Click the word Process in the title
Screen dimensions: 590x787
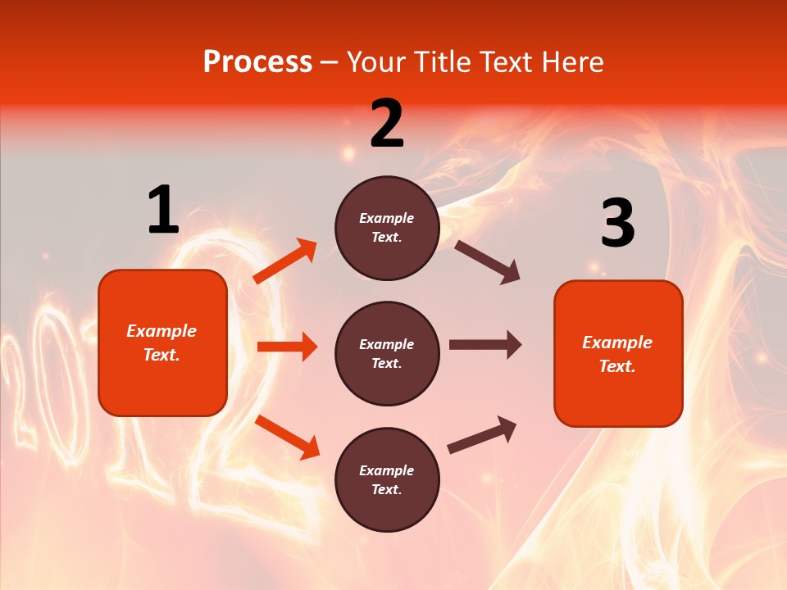257,62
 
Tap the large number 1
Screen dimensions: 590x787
163,211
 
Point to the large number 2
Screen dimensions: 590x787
387,124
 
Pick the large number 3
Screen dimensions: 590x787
617,224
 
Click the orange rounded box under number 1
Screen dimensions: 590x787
162,343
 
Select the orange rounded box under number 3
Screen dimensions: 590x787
618,354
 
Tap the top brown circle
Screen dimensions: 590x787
387,228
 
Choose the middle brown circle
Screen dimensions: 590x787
387,354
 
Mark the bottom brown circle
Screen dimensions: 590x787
387,480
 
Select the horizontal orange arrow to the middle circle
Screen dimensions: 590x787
287,347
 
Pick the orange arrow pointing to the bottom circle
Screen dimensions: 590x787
287,437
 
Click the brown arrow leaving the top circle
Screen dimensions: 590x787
488,262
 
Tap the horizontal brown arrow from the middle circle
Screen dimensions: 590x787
485,345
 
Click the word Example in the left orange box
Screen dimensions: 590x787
161,331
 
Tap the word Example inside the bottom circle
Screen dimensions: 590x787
387,470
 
